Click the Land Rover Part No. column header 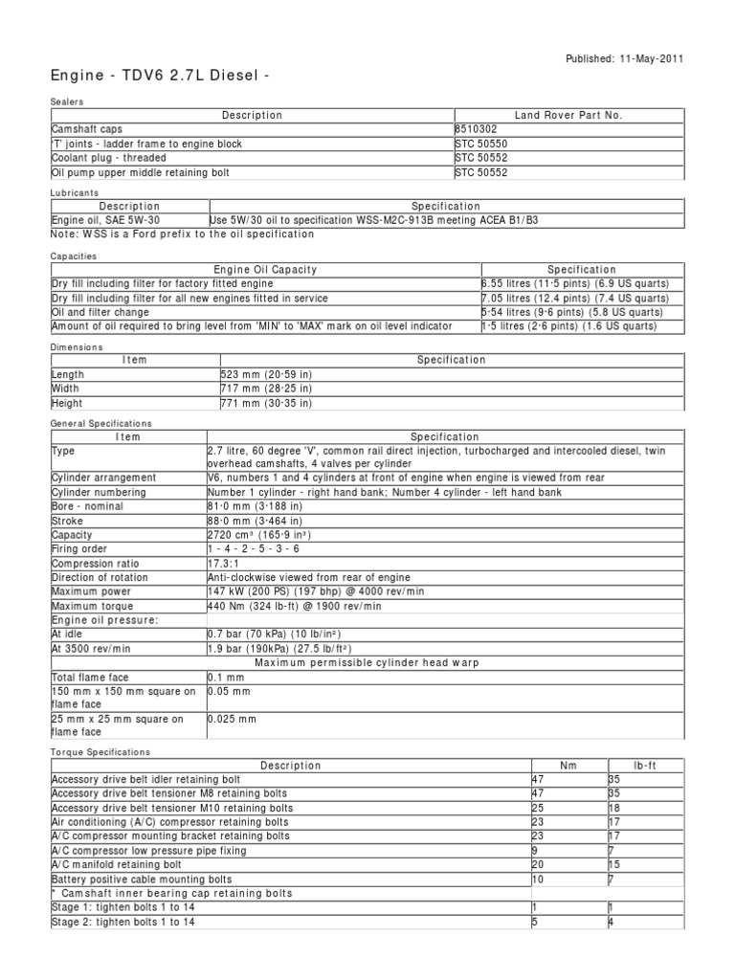coord(568,115)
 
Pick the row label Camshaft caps coord(87,129)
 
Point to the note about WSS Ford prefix coord(182,234)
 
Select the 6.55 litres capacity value coord(575,284)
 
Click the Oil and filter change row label coord(100,312)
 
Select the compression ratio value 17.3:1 coord(226,564)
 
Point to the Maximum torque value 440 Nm coord(294,607)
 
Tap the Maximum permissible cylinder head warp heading coord(367,663)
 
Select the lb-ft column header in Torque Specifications coord(645,766)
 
